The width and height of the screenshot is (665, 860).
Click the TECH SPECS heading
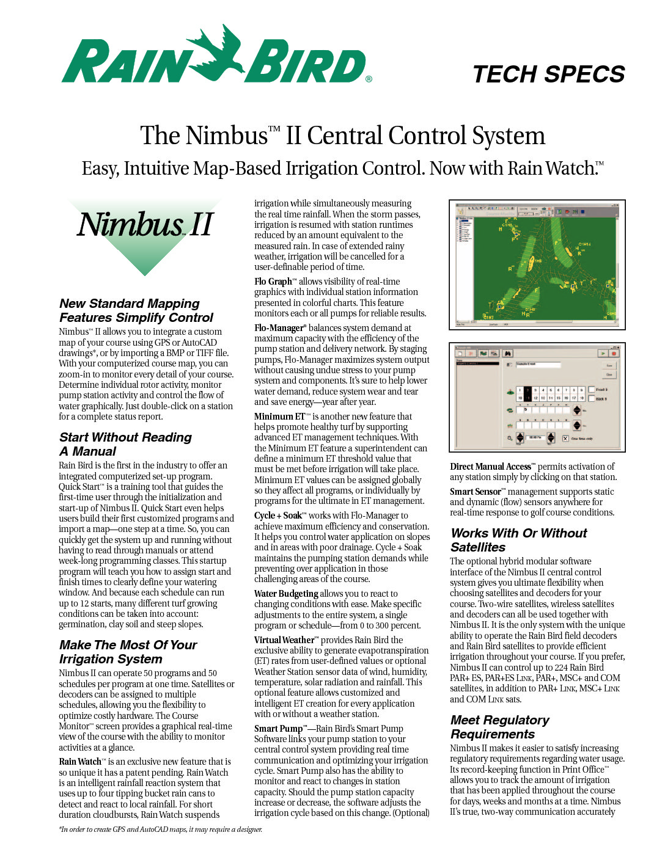(548, 75)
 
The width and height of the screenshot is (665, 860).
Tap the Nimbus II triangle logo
(145, 235)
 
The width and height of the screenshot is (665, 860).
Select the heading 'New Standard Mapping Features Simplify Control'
(136, 310)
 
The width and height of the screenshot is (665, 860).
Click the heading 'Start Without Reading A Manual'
(125, 444)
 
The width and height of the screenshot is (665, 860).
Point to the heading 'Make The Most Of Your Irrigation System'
(128, 652)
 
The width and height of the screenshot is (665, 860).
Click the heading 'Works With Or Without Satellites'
(518, 540)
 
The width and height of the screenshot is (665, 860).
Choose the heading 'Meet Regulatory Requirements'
(499, 727)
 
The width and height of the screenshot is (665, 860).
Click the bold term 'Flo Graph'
(273, 282)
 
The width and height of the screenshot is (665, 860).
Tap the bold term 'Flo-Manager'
(279, 328)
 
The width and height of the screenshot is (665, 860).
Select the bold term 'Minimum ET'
(279, 417)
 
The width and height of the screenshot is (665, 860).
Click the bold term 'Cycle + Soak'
(278, 516)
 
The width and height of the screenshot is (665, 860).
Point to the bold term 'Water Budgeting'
(286, 594)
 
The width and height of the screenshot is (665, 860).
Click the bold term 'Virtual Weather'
(284, 640)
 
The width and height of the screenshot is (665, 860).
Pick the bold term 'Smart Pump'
(278, 729)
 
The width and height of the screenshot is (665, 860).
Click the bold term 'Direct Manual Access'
(490, 467)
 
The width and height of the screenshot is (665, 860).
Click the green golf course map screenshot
(537, 264)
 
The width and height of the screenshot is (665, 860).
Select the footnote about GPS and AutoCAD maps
(161, 829)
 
